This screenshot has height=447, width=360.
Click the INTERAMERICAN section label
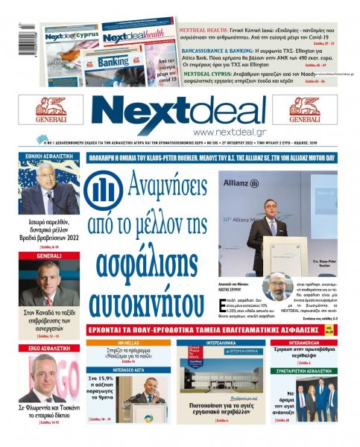point(313,343)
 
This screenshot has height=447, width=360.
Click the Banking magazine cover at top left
point(111,61)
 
